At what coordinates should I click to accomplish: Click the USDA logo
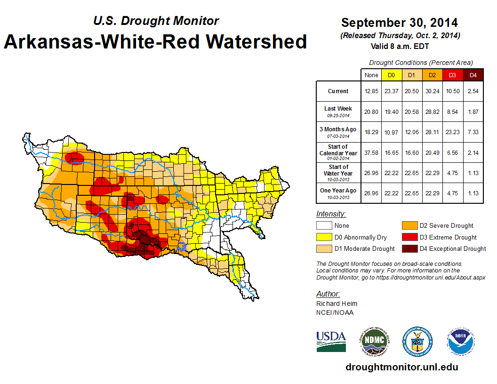coord(331,341)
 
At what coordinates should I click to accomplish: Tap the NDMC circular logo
coord(375,341)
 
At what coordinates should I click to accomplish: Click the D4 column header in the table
coord(473,75)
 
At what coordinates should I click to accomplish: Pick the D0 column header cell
coord(391,75)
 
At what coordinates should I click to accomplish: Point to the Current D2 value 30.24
coord(433,91)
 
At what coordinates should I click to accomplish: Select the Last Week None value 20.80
coord(371,112)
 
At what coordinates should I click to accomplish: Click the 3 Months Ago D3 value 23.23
coord(453,132)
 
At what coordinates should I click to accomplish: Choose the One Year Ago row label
coord(338,191)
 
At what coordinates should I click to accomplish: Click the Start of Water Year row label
coord(338,172)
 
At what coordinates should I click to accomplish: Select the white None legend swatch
coord(323,226)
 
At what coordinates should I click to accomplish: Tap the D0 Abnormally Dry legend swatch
coord(323,237)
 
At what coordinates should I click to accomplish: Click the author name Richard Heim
coord(337,304)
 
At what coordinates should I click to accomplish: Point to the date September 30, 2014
coord(399,23)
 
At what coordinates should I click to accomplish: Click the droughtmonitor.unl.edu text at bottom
coord(401,367)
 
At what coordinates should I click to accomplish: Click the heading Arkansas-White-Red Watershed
coord(155,42)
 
